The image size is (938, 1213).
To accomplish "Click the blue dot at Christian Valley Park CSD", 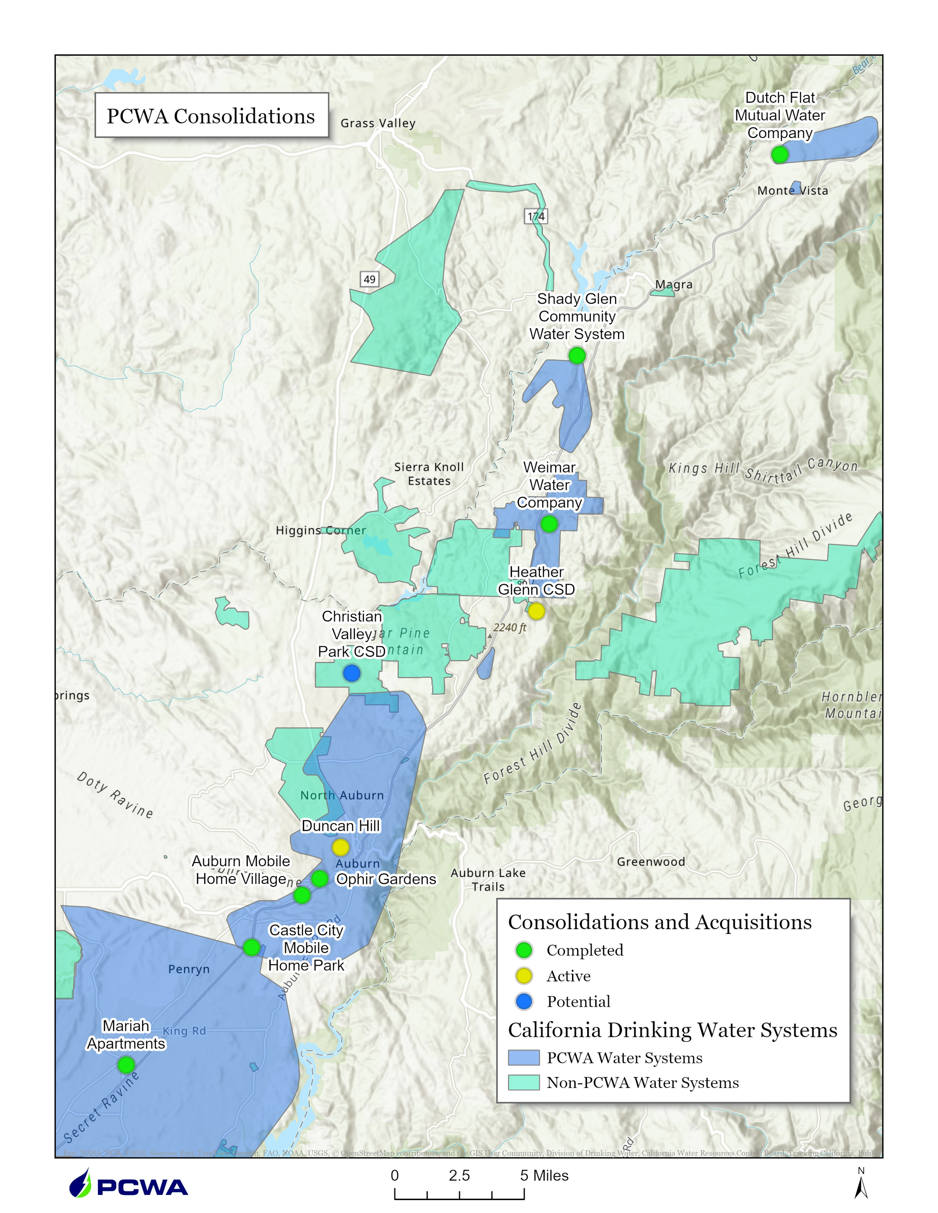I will [351, 673].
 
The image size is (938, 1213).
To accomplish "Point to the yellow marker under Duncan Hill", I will [340, 848].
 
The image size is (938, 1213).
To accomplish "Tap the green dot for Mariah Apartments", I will [126, 1065].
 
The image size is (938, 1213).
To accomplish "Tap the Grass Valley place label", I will [378, 123].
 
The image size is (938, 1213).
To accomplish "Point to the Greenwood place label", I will [651, 861].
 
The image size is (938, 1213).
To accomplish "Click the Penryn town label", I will [189, 969].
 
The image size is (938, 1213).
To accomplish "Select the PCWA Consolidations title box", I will [211, 115].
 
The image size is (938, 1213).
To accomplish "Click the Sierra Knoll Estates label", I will [429, 474].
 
